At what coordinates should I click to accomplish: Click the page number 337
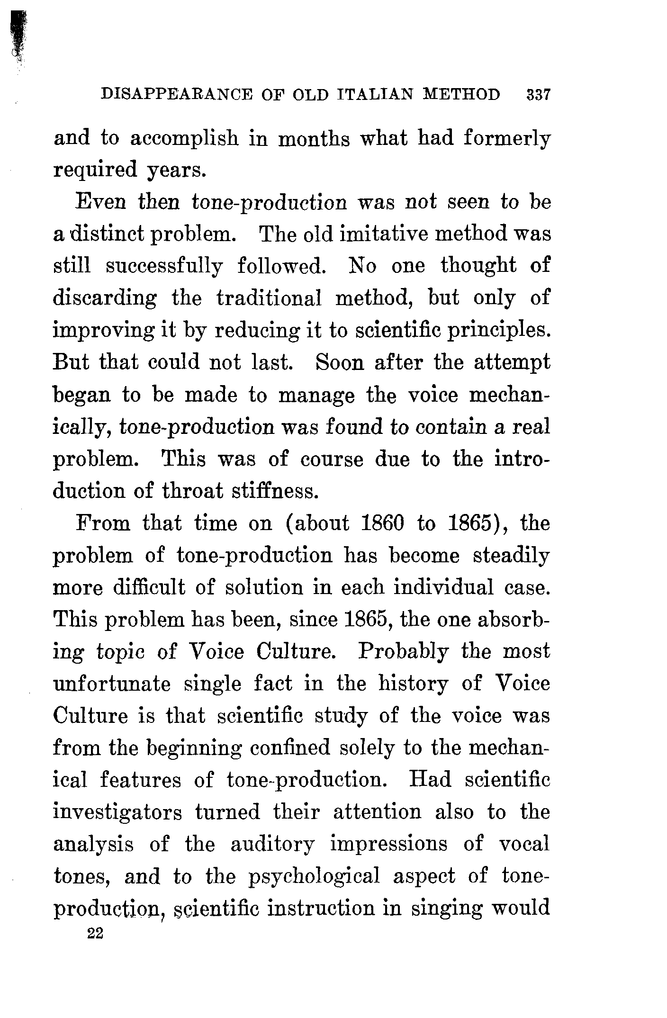coord(537,95)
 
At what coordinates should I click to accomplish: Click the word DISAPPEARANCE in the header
coord(178,95)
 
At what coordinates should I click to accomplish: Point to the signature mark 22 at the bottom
coord(95,934)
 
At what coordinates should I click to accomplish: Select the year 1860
coord(381,524)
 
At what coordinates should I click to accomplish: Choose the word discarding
coord(104,299)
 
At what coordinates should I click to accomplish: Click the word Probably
coord(403,652)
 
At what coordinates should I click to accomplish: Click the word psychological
coord(314,877)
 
